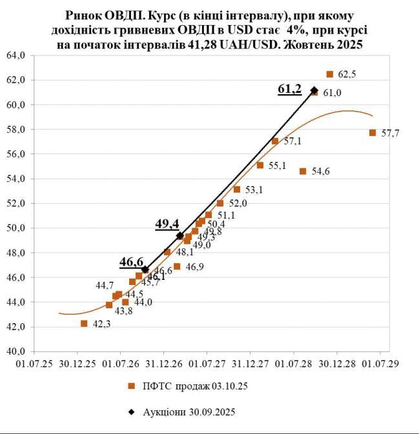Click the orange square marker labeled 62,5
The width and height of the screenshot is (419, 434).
[x=330, y=74]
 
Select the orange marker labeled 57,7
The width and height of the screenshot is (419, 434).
[x=373, y=133]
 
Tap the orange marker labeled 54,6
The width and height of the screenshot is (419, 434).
[x=303, y=171]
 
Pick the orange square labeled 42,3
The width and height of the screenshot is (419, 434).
[x=84, y=324]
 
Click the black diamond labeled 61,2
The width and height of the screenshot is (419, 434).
[x=314, y=90]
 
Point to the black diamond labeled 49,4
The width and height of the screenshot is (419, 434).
[x=180, y=236]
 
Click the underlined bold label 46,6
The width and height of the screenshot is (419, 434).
[x=130, y=262]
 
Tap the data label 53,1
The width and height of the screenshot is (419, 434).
[x=254, y=190]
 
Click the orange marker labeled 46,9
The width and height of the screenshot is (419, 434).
[x=177, y=266]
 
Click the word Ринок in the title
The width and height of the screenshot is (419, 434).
[x=85, y=14]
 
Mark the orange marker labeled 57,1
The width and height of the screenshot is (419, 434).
[x=275, y=141]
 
